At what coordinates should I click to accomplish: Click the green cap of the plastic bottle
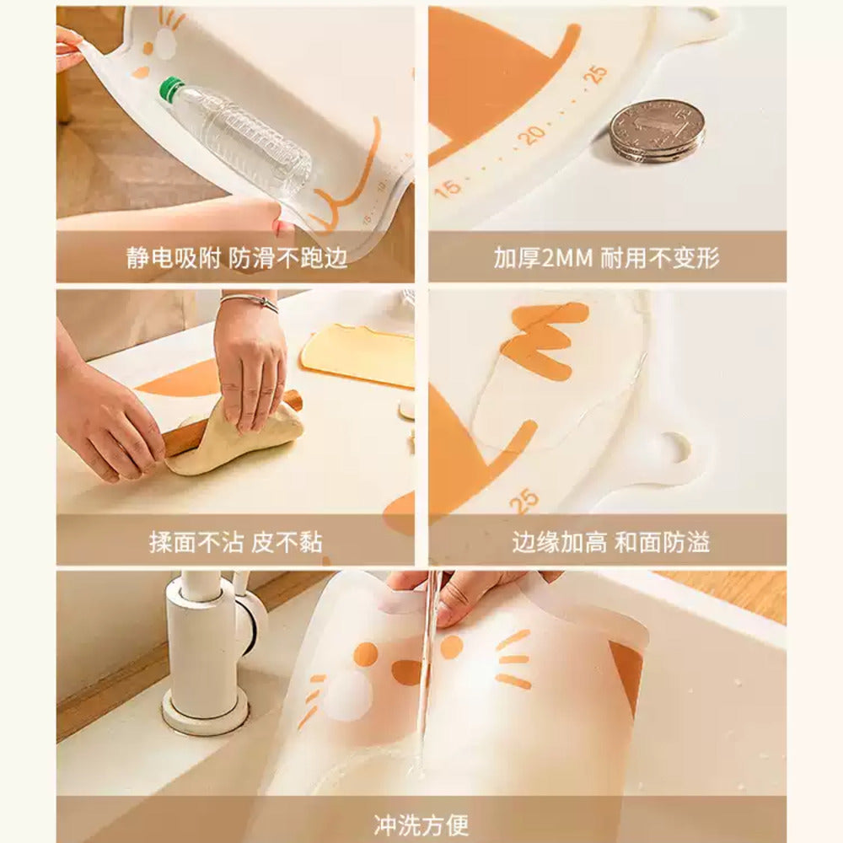point(172,89)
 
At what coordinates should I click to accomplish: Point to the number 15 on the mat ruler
point(449,186)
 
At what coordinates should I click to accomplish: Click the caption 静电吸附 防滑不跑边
point(237,257)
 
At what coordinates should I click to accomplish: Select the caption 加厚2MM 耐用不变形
point(607,257)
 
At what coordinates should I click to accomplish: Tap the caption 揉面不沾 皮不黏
point(235,542)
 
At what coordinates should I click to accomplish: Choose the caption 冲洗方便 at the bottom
point(421,822)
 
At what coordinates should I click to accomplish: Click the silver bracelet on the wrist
point(250,300)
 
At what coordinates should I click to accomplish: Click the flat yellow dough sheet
point(359,354)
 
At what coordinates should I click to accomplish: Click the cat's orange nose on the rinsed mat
point(407,671)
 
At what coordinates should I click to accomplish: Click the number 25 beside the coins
point(596,74)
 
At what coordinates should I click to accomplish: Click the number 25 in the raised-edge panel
point(525,500)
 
